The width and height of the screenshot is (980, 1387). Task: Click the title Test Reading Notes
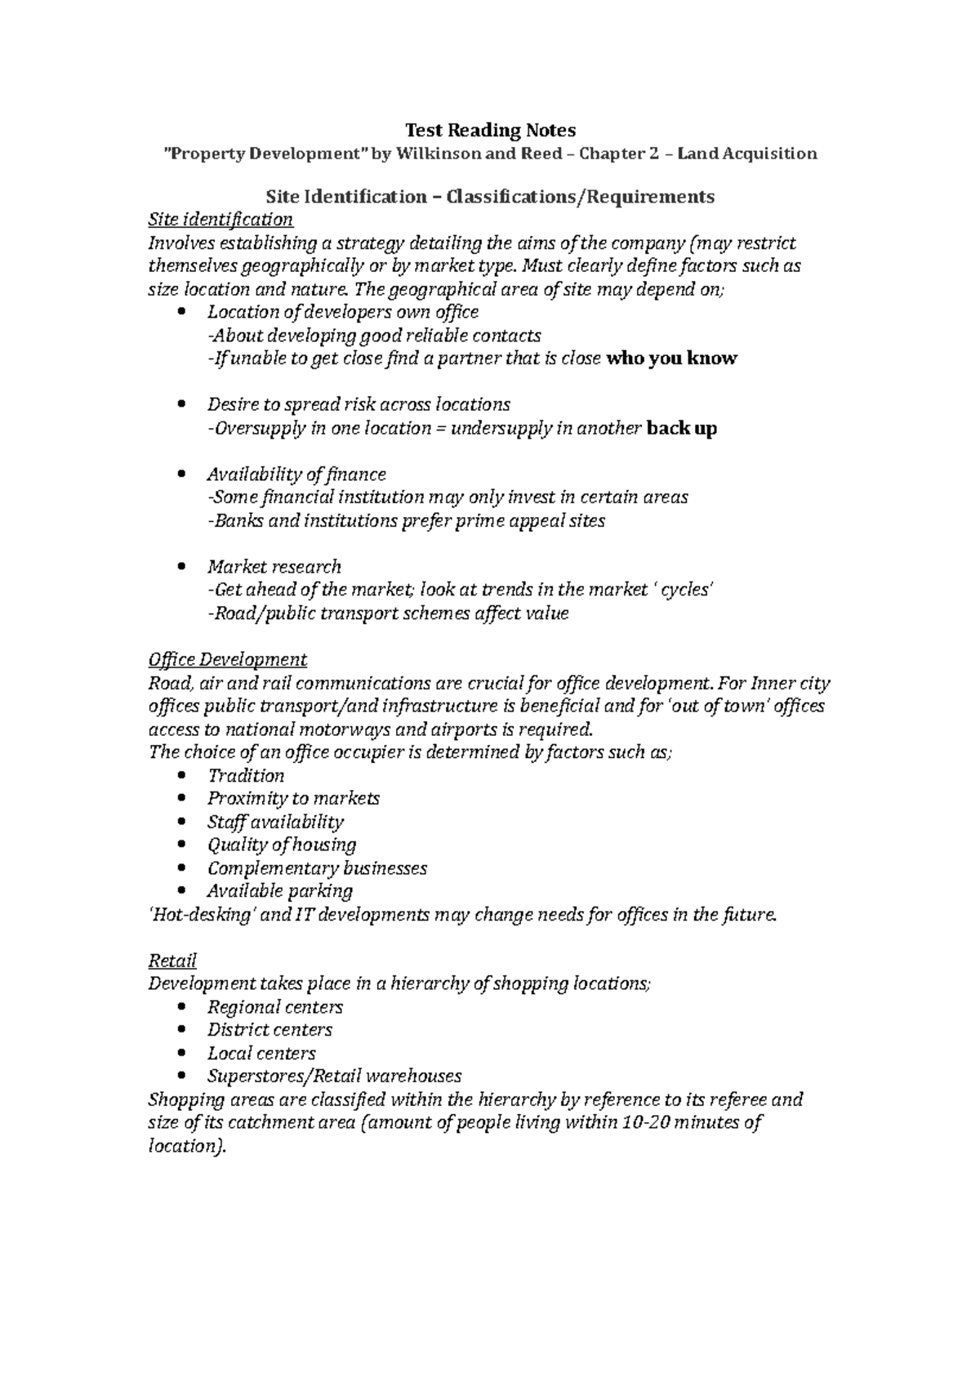pyautogui.click(x=490, y=130)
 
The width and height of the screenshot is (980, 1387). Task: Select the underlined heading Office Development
pyautogui.click(x=227, y=659)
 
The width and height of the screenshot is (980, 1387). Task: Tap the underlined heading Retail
pyautogui.click(x=172, y=961)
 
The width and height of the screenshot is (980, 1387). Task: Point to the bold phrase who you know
pyautogui.click(x=671, y=358)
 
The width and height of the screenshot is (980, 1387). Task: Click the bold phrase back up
pyautogui.click(x=681, y=428)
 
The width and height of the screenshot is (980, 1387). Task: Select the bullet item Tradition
pyautogui.click(x=246, y=775)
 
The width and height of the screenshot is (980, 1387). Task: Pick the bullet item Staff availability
pyautogui.click(x=275, y=822)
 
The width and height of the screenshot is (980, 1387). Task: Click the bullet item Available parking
pyautogui.click(x=280, y=891)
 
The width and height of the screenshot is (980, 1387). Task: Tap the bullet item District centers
pyautogui.click(x=269, y=1030)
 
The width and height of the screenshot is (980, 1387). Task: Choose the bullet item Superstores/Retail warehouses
pyautogui.click(x=334, y=1076)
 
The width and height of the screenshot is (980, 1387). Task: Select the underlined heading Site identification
pyautogui.click(x=220, y=220)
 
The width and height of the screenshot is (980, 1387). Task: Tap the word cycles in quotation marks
pyautogui.click(x=688, y=590)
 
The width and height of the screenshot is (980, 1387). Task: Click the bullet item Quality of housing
pyautogui.click(x=282, y=845)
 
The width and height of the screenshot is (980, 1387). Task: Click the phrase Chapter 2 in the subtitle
pyautogui.click(x=618, y=154)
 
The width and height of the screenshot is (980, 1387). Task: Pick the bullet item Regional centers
pyautogui.click(x=274, y=1007)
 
